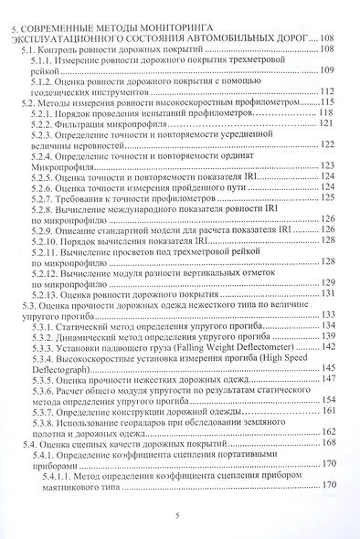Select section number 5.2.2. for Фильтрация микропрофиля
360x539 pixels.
(44, 122)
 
